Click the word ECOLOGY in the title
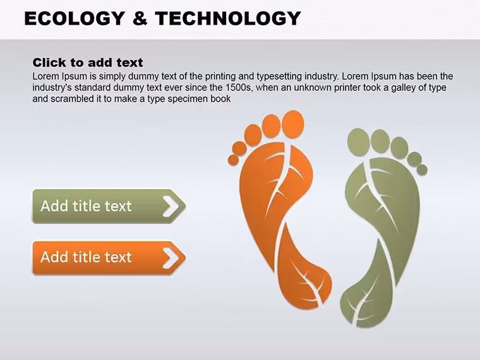click(74, 18)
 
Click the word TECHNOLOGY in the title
click(228, 18)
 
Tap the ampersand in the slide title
click(140, 18)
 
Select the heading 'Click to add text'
click(88, 63)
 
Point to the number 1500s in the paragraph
click(238, 88)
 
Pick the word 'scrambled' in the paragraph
click(70, 99)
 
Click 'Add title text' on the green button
click(86, 206)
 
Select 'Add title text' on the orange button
click(86, 257)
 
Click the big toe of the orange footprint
click(293, 124)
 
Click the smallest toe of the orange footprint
click(233, 160)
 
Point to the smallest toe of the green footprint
click(422, 170)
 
